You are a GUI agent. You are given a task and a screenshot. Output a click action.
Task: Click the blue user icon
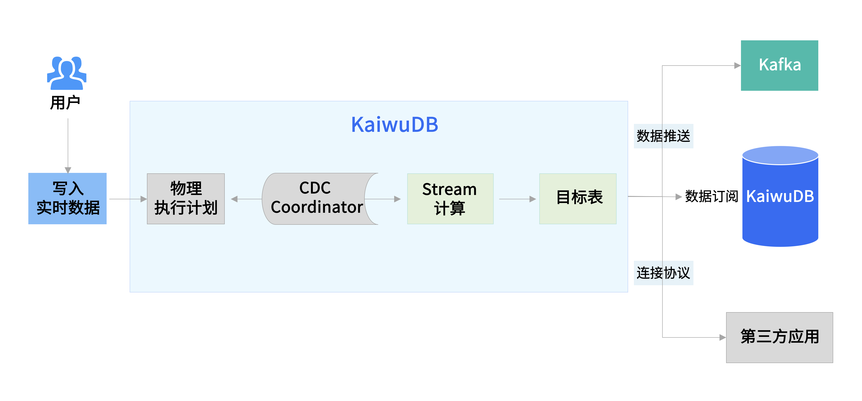coord(67,73)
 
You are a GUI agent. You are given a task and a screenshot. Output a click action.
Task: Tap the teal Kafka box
coord(779,65)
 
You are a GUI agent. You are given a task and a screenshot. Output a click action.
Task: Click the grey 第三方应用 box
coord(779,337)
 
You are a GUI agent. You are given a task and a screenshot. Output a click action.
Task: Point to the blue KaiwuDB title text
coord(395,125)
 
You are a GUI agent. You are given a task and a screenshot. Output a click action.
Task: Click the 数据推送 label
coord(663,136)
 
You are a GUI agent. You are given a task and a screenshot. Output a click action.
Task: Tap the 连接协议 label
coord(663,273)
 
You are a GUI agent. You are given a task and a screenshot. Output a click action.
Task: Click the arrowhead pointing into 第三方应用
coord(722,337)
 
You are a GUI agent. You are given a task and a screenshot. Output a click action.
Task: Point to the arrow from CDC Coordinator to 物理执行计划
coord(246,199)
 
